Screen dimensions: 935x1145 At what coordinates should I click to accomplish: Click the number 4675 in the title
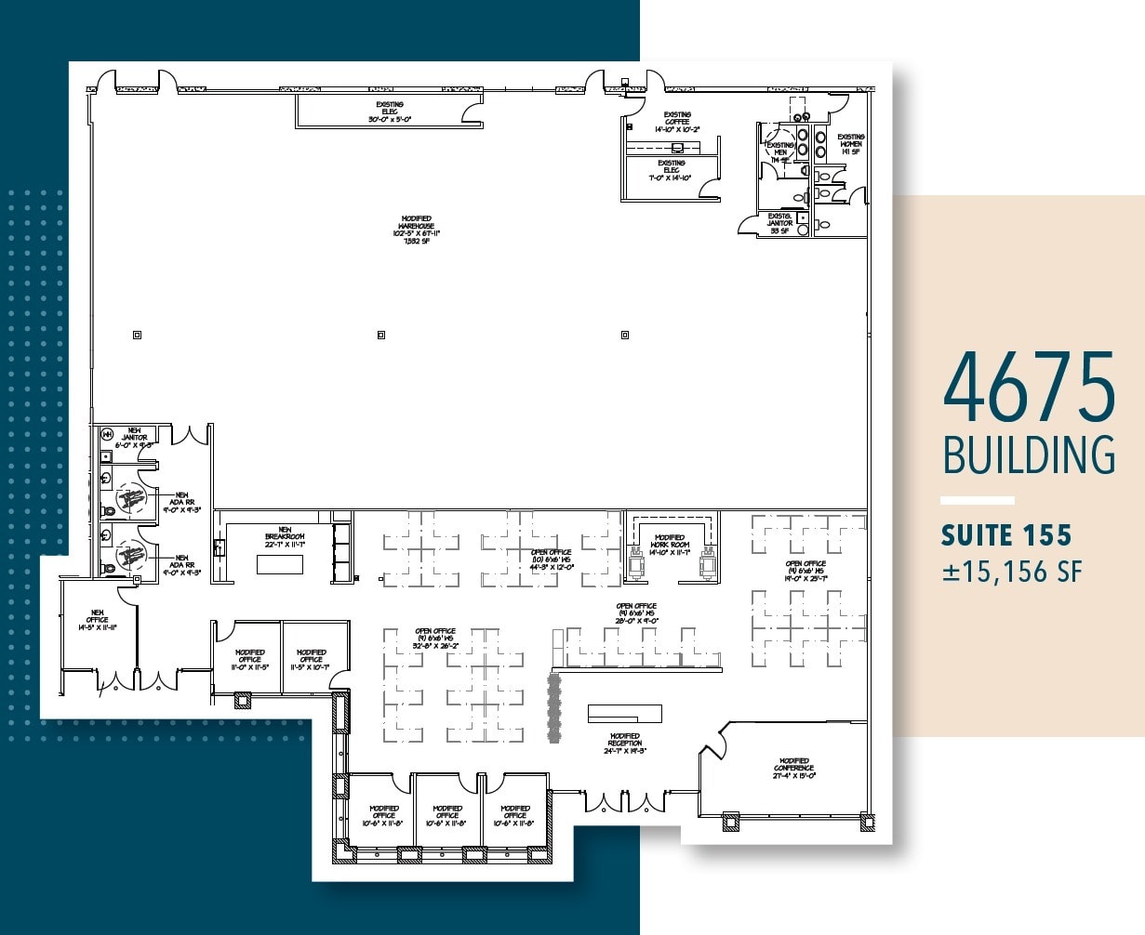1029,387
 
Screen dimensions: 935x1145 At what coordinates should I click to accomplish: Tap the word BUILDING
1029,455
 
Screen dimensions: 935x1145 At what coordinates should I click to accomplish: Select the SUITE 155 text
1005,536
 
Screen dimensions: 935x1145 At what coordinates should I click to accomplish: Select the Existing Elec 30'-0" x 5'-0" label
390,112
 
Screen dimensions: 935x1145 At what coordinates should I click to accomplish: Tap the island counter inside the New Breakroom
280,564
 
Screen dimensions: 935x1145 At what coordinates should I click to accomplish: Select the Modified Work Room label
670,545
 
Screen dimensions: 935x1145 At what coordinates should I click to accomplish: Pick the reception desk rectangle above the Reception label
624,714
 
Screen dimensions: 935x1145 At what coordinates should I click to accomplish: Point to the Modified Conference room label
793,768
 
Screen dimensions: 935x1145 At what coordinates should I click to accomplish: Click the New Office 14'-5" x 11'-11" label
97,620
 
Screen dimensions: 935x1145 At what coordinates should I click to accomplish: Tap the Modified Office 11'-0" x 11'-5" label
249,659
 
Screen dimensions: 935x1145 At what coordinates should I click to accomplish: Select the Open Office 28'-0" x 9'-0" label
636,613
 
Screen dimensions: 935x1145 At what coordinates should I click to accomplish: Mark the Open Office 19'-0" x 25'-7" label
805,570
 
